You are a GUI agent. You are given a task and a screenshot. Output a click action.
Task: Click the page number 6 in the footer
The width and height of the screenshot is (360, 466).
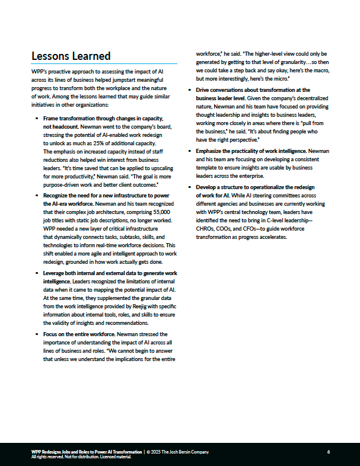(328, 452)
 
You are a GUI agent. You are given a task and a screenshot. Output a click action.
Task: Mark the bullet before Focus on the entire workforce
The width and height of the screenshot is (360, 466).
(37, 334)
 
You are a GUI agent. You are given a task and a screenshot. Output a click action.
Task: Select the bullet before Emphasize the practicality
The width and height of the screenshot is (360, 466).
(190, 151)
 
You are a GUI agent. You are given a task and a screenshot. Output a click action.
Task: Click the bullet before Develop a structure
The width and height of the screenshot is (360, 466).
(190, 187)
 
